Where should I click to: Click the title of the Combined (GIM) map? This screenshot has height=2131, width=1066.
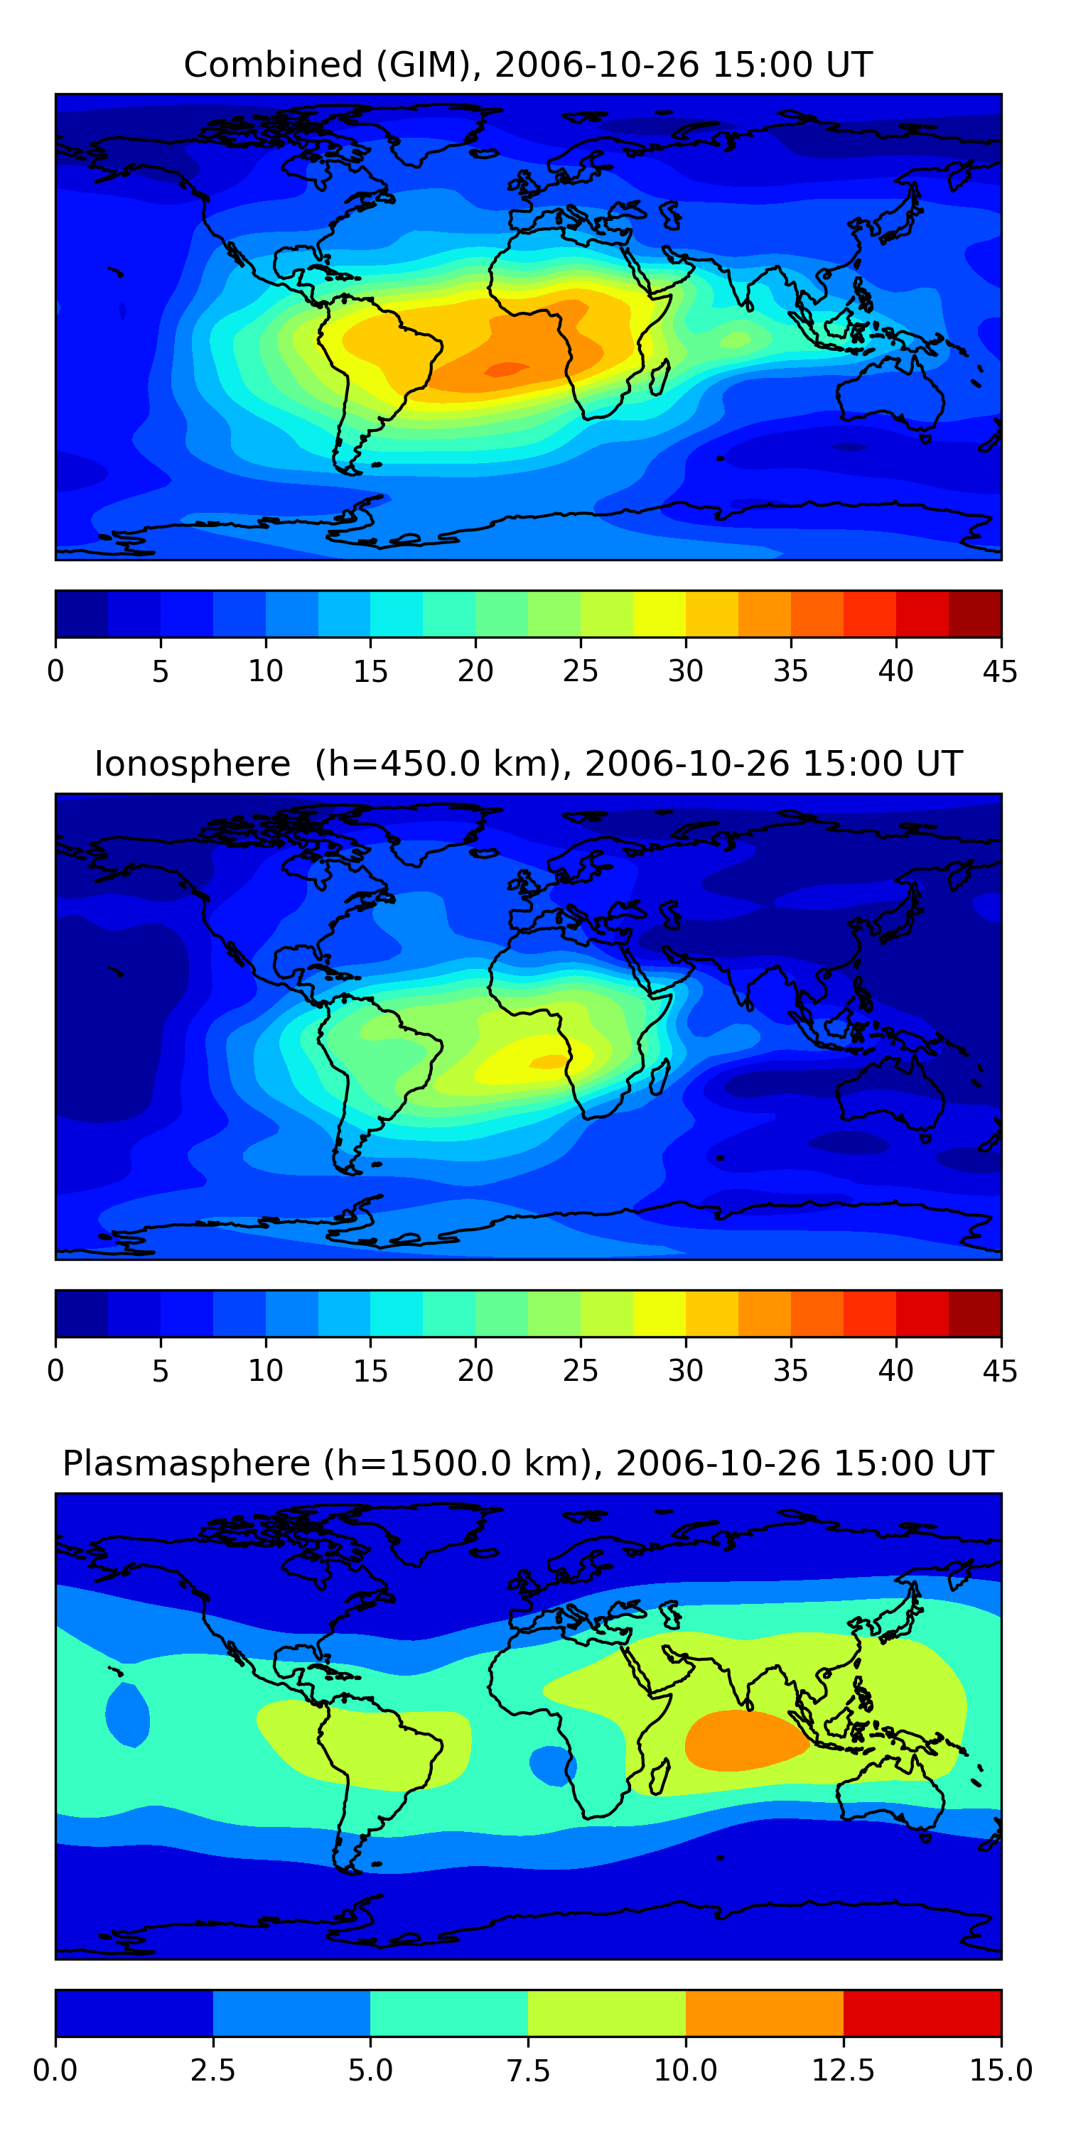(x=528, y=65)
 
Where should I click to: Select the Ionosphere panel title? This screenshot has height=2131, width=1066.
(x=528, y=764)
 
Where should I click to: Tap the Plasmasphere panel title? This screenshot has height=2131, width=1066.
(x=528, y=1463)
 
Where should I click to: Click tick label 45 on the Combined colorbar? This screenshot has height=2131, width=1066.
(x=1000, y=671)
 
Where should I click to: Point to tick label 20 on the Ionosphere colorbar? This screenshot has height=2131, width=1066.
(x=475, y=1371)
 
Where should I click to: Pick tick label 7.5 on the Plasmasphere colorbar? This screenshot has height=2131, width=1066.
(x=528, y=2071)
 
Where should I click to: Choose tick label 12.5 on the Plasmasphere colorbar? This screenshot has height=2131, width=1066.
(x=843, y=2071)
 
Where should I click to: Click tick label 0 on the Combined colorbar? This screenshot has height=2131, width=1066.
(x=55, y=671)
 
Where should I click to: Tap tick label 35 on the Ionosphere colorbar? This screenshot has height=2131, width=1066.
(x=790, y=1371)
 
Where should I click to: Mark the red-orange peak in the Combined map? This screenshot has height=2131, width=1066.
(x=507, y=369)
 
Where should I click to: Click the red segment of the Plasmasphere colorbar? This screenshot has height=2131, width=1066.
(x=922, y=2012)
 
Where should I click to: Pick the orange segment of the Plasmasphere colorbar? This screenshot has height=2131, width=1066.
(x=764, y=2012)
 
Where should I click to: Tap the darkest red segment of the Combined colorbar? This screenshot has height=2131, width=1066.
(x=974, y=614)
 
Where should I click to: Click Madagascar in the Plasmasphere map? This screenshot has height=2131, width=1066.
(x=659, y=1777)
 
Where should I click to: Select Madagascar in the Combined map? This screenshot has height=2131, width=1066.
(x=659, y=378)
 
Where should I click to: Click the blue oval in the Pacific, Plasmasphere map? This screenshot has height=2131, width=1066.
(x=127, y=1715)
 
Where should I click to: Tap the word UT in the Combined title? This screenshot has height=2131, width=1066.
(x=849, y=65)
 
